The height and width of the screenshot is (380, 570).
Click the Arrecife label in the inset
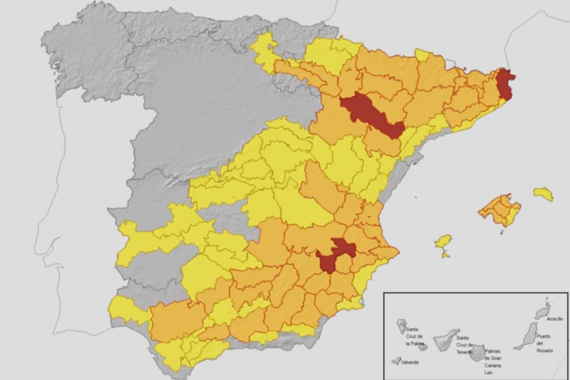click(554, 319)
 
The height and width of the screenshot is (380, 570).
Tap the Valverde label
click(409, 362)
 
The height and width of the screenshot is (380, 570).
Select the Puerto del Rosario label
click(544, 343)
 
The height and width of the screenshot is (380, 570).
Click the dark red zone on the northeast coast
click(505, 84)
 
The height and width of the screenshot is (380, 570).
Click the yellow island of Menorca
click(543, 194)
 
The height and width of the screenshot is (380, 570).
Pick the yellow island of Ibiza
click(443, 242)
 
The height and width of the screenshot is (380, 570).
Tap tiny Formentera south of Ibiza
click(446, 255)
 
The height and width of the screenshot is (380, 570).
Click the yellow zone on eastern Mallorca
click(511, 216)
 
